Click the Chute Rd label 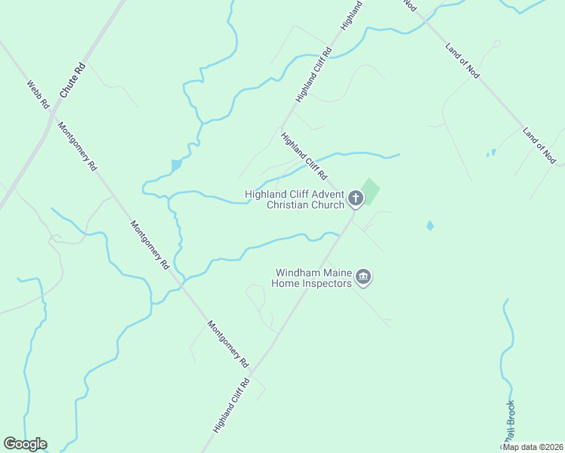click(73, 80)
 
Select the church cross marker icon click(356, 199)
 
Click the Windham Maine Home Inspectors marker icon click(363, 277)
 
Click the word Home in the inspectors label click(288, 283)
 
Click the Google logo click(25, 444)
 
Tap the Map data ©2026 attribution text click(533, 447)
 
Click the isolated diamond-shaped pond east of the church click(430, 225)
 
